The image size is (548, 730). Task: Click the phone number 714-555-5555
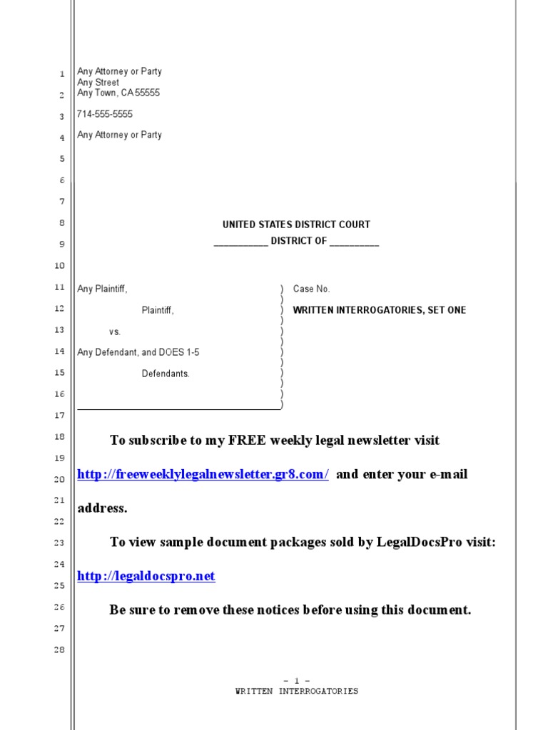click(104, 114)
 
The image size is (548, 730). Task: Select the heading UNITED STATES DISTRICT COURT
click(296, 225)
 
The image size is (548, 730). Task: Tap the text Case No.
click(311, 289)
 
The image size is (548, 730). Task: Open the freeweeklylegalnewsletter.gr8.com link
click(203, 474)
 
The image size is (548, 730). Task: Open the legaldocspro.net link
click(146, 576)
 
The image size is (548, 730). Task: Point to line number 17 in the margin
click(60, 415)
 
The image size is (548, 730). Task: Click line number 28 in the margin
click(60, 649)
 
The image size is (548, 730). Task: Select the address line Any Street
click(98, 82)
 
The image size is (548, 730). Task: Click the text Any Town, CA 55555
click(118, 93)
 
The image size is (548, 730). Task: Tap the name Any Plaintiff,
click(102, 289)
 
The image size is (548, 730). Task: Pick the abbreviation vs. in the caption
click(115, 331)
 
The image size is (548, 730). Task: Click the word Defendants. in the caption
click(166, 374)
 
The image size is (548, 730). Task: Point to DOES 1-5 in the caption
click(179, 352)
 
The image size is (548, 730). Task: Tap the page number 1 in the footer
click(296, 681)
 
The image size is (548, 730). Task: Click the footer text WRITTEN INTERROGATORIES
click(296, 691)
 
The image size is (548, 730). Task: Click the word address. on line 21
click(102, 508)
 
